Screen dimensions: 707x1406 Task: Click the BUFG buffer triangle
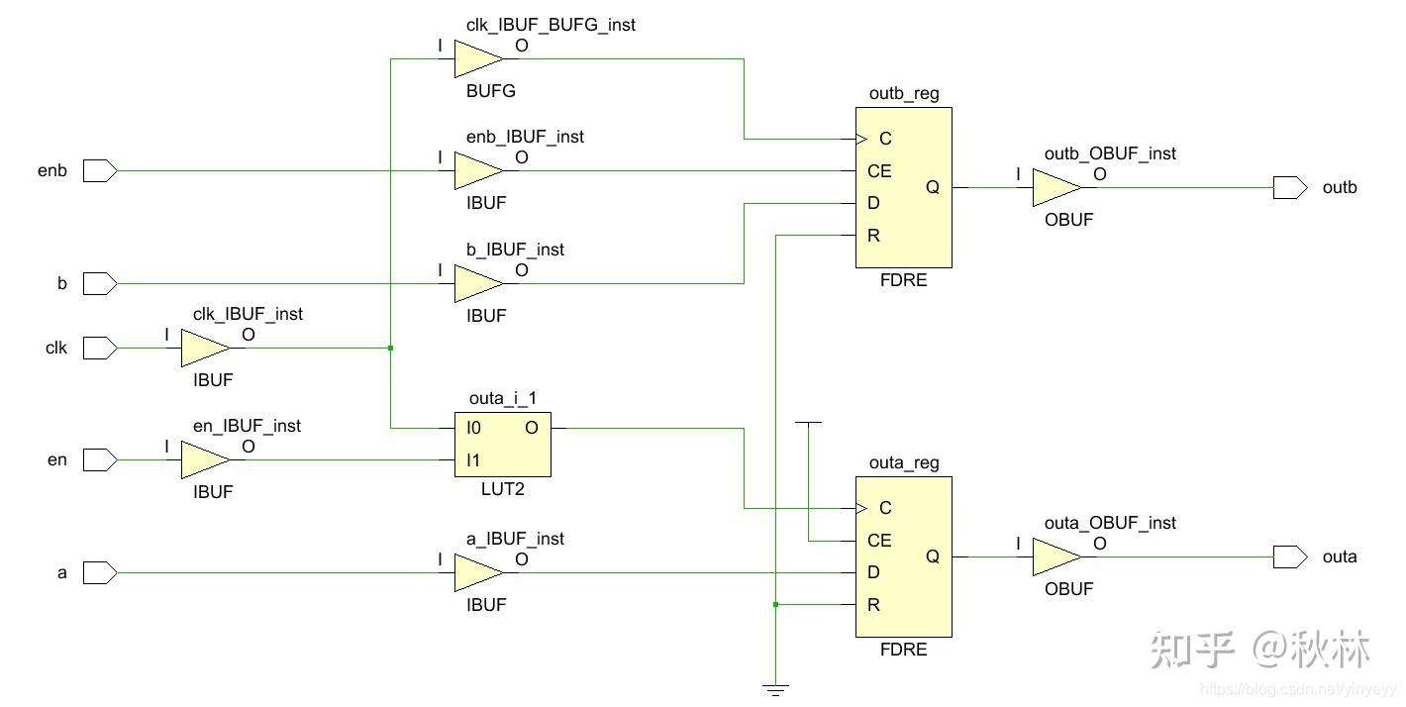(x=477, y=58)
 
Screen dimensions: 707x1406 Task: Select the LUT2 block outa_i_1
(x=502, y=444)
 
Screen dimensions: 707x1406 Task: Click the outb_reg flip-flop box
(x=903, y=187)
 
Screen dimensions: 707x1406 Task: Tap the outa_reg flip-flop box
(x=903, y=556)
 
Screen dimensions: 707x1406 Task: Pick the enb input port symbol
(x=100, y=171)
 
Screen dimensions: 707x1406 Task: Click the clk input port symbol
(x=100, y=348)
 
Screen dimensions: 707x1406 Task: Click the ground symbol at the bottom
(x=776, y=689)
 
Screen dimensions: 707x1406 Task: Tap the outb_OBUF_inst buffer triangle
(x=1055, y=187)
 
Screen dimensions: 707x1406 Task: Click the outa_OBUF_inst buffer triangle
(x=1055, y=556)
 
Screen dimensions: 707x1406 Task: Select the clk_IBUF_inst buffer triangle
(x=204, y=348)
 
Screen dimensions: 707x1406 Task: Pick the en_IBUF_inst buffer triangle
(x=204, y=459)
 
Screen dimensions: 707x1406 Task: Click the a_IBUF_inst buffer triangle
(x=477, y=572)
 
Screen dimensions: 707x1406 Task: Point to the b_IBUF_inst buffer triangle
(x=477, y=284)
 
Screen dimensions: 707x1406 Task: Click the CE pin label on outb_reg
(x=879, y=171)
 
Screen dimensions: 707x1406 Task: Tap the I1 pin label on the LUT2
(x=473, y=460)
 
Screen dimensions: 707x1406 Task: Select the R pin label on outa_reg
(x=873, y=605)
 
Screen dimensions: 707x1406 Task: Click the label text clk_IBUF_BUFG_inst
(x=551, y=25)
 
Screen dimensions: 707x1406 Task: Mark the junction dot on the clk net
(x=391, y=348)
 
